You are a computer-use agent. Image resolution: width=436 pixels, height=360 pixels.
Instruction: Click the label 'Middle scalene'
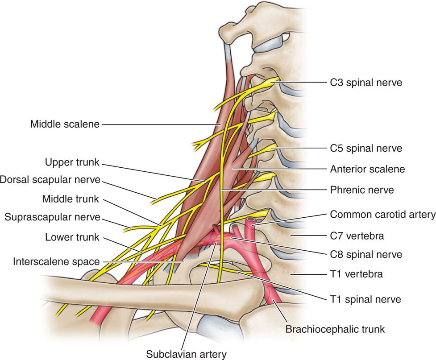point(64,124)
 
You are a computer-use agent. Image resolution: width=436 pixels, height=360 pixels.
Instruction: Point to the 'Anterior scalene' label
point(367,169)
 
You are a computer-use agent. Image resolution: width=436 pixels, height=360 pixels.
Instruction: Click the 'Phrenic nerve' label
point(362,190)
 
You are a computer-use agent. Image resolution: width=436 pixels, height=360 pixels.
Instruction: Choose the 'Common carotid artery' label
point(382,215)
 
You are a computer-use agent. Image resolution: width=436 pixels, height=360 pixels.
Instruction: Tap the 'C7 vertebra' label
point(357,235)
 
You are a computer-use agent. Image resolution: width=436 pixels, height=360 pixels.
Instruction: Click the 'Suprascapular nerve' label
point(53,218)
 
